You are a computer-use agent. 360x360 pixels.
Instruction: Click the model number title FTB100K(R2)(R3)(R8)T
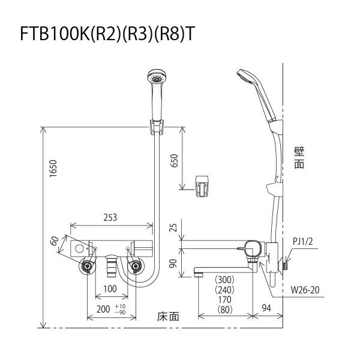tap(107, 34)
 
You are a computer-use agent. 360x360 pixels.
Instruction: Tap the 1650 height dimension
tap(53, 168)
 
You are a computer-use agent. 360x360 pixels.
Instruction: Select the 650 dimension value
tap(175, 161)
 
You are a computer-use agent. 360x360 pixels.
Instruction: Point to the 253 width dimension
tap(110, 217)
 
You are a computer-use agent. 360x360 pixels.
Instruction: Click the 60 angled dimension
tap(55, 241)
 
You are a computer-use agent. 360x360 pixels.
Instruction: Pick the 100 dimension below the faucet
tap(110, 289)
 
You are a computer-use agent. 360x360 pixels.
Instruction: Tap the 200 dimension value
tap(103, 309)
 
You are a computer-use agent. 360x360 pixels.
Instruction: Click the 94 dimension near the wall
tap(266, 308)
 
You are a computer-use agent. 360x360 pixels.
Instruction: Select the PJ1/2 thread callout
tap(303, 241)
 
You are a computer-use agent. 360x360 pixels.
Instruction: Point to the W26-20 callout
tap(305, 290)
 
